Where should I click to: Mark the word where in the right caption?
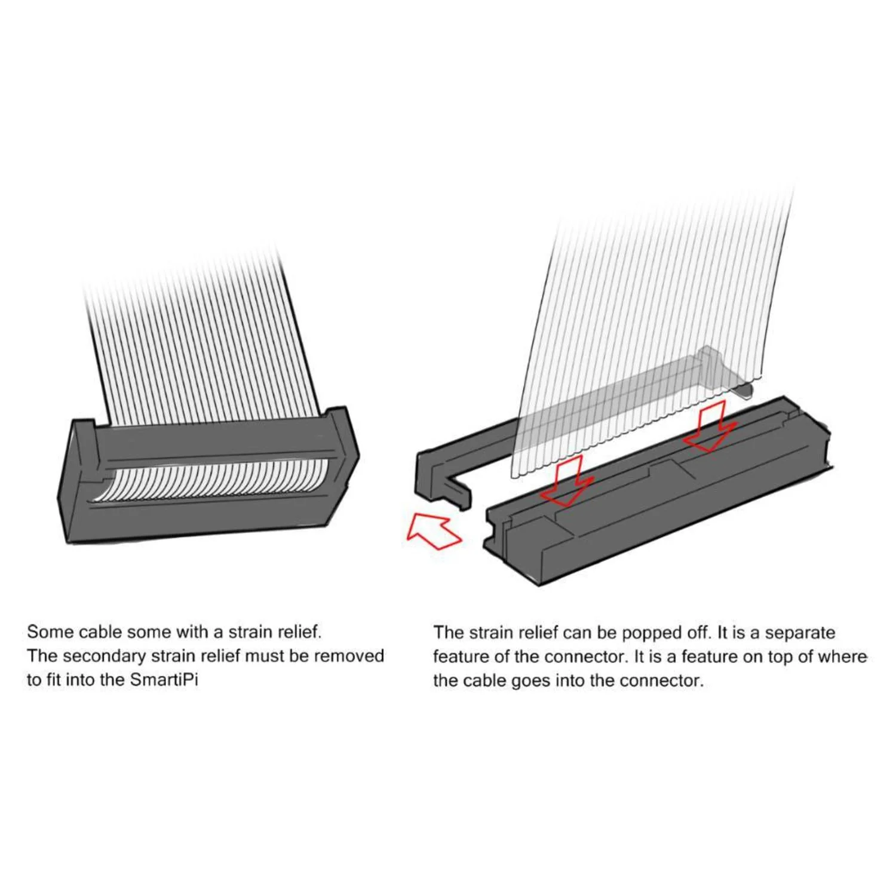843,657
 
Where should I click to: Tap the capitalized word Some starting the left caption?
51,632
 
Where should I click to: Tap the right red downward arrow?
709,428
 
